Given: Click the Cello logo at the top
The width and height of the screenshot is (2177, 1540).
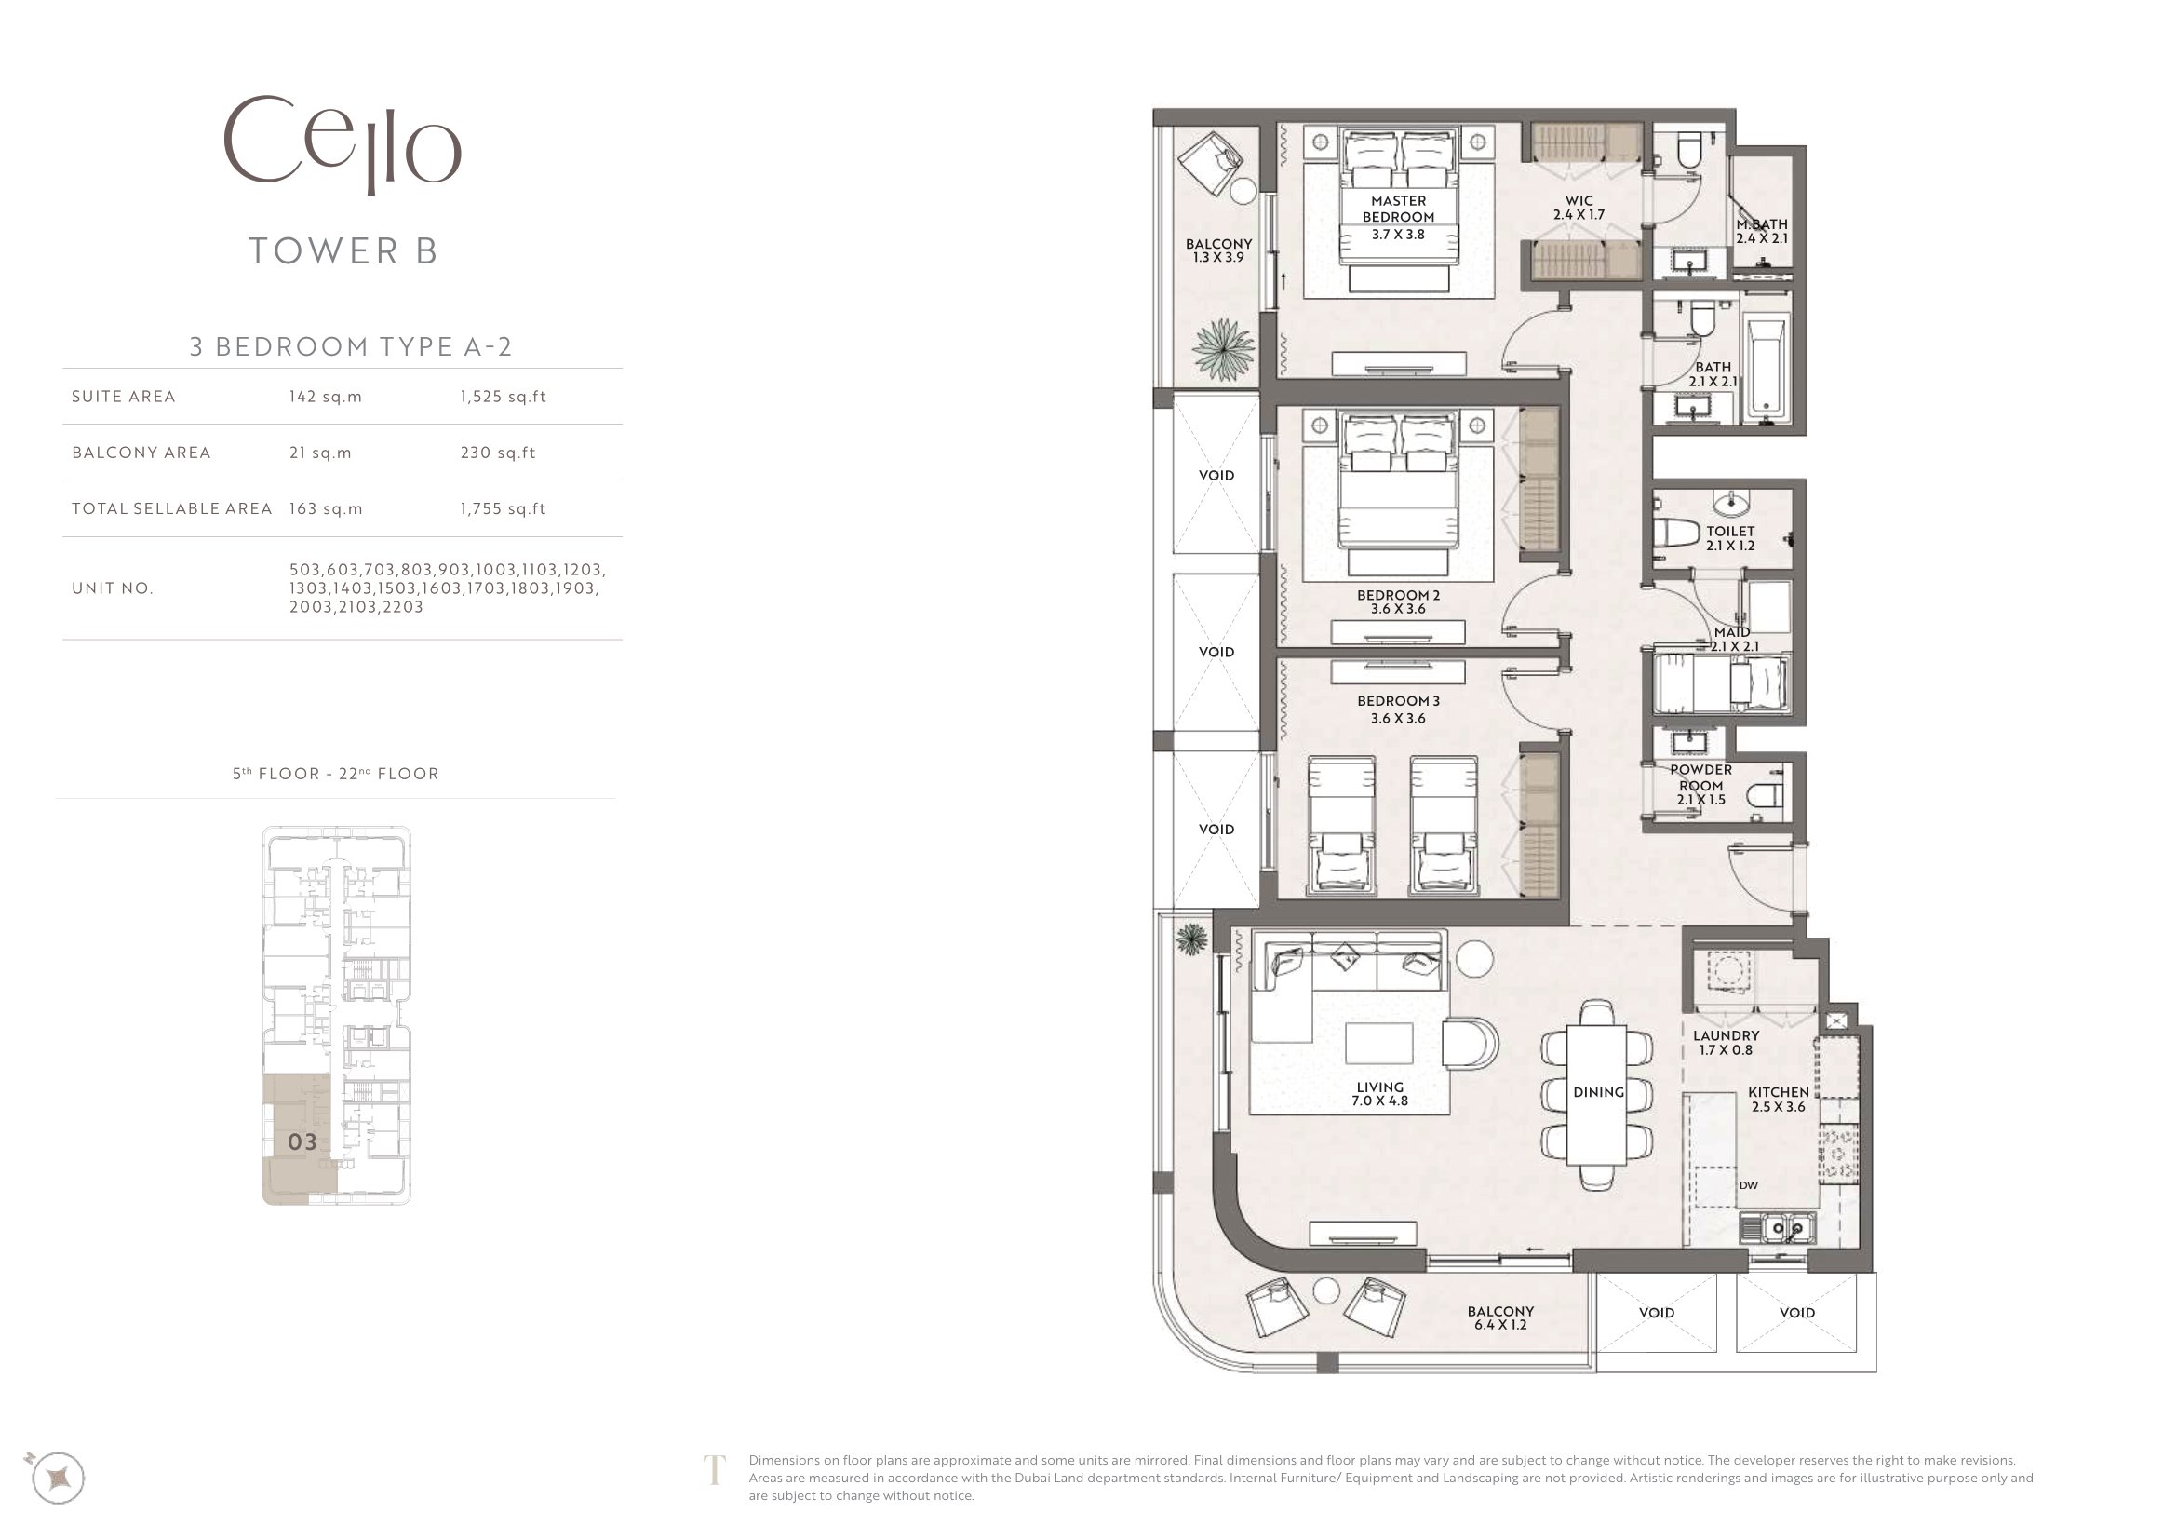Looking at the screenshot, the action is [343, 144].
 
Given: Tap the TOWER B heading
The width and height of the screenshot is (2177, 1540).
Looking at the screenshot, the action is [343, 251].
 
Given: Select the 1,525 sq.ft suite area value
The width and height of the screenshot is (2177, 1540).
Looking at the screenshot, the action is [504, 397].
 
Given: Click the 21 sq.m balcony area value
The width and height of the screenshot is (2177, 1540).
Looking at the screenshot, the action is [320, 453].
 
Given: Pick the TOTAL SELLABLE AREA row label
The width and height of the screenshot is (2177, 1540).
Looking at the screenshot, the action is [171, 508].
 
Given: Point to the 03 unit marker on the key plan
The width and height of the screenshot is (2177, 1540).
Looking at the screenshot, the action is [302, 1141].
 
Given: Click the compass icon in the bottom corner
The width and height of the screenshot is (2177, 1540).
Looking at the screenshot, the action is [58, 1478].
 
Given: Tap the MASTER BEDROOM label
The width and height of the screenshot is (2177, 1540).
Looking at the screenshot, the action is [1399, 209].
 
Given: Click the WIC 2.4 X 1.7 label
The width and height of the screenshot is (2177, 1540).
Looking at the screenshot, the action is [1579, 208].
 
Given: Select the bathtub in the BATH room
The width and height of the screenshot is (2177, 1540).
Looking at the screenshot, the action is [1767, 370].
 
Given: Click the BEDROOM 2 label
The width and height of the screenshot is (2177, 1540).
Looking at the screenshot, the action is [1399, 596].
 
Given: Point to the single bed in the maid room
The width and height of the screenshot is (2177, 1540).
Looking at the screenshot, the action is [1721, 681].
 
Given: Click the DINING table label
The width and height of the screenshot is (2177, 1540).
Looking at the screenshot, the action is [1599, 1092].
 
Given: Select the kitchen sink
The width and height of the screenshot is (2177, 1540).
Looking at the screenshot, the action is [1777, 1229].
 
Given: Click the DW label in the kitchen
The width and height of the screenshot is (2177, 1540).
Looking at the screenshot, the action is [1749, 1185].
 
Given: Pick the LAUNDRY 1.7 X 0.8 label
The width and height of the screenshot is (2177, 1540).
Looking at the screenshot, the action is [1726, 1042].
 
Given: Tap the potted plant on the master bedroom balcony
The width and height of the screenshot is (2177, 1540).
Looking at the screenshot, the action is [1224, 350].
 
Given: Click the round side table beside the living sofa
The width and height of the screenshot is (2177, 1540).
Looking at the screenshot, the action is [1474, 958].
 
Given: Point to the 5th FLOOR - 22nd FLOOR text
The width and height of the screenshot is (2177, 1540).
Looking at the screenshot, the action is [336, 774].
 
